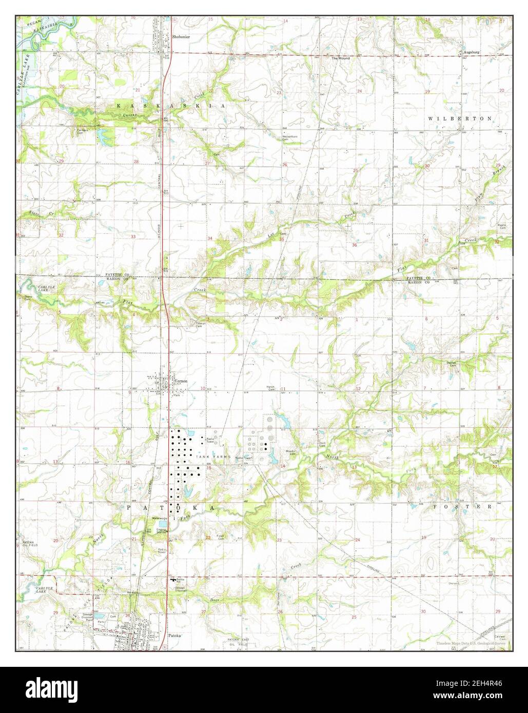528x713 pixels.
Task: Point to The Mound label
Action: click(x=340, y=58)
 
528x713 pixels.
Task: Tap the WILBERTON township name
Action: click(x=460, y=118)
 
